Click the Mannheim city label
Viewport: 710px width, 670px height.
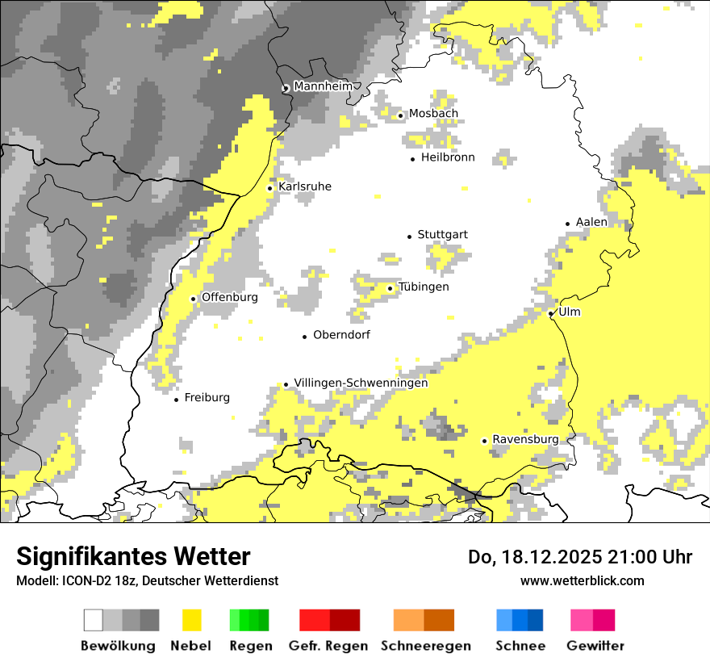pos(324,86)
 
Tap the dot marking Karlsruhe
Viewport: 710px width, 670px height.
pos(270,188)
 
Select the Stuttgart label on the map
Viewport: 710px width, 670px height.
pos(442,235)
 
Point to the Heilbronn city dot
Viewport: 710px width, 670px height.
pos(413,159)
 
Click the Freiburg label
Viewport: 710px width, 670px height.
pos(207,397)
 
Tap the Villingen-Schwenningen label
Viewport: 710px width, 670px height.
pos(361,383)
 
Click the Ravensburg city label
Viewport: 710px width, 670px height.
pos(525,439)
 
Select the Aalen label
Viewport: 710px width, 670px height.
pos(591,222)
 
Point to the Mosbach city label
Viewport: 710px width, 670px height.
pos(433,114)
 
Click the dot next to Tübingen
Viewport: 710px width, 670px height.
pos(390,288)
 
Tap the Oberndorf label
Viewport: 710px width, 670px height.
pos(341,334)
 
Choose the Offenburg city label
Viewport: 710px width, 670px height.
pos(230,297)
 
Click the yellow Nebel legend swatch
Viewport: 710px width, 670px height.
pos(192,620)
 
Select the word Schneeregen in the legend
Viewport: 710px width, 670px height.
pos(426,646)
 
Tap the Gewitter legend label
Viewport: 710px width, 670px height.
pos(595,646)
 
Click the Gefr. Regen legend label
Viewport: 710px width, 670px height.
pos(328,646)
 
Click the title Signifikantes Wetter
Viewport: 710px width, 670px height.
pos(134,557)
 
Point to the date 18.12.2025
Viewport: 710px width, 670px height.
pos(544,557)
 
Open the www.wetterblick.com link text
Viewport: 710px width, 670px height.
pos(583,580)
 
